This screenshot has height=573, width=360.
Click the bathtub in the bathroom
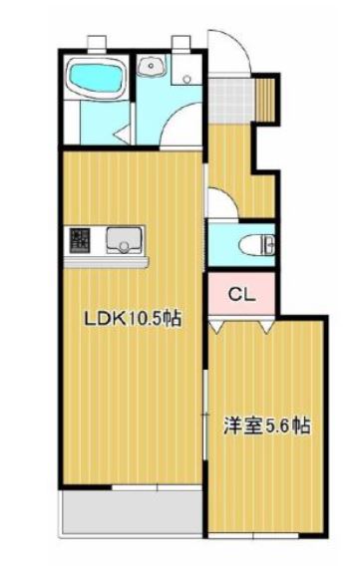tap(96, 78)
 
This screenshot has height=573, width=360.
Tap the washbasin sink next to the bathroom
tap(151, 66)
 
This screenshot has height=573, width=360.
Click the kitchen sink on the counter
tap(124, 240)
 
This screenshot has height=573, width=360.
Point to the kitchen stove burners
tap(80, 240)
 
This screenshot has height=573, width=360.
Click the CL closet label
tap(242, 294)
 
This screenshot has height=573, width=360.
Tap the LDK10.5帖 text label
tap(133, 319)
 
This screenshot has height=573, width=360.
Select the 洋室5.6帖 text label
tap(267, 426)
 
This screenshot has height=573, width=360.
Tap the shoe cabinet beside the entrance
tap(264, 99)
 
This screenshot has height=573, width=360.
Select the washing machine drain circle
tap(187, 79)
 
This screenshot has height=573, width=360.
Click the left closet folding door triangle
tap(216, 326)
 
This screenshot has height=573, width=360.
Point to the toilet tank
tap(269, 245)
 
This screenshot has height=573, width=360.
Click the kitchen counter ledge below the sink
tap(106, 262)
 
